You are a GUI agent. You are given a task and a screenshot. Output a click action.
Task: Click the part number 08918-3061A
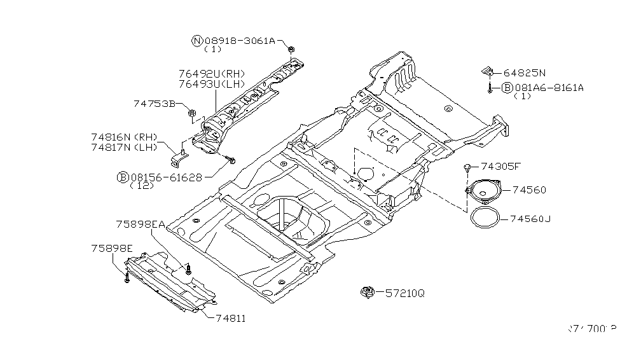coord(239,41)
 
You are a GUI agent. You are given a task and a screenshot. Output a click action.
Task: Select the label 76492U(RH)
coord(212,74)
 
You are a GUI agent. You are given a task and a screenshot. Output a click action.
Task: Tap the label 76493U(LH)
coord(212,84)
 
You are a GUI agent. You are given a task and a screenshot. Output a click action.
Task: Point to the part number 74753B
coord(155,103)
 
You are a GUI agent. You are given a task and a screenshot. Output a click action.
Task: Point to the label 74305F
coord(500,167)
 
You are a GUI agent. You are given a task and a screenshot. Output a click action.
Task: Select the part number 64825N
coord(525,73)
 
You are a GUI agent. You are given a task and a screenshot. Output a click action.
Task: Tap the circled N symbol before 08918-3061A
coord(197,41)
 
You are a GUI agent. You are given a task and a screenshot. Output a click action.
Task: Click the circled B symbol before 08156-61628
coord(121,177)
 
